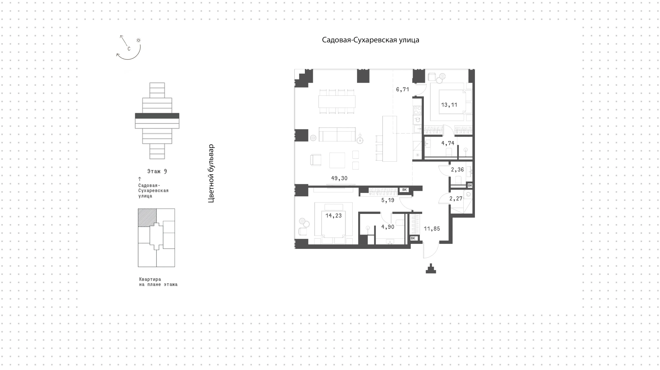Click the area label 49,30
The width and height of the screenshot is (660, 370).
pyautogui.click(x=339, y=178)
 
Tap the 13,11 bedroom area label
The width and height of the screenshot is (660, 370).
pyautogui.click(x=449, y=105)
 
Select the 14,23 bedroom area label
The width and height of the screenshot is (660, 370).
pyautogui.click(x=334, y=216)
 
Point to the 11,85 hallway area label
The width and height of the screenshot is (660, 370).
pyautogui.click(x=432, y=229)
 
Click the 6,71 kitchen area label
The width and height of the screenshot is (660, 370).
pyautogui.click(x=403, y=90)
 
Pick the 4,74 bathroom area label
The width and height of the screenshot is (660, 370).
pyautogui.click(x=448, y=143)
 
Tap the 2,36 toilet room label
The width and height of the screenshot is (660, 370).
pyautogui.click(x=458, y=170)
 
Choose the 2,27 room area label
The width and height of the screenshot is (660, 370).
pyautogui.click(x=456, y=198)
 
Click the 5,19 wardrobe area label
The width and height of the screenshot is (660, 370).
pyautogui.click(x=388, y=200)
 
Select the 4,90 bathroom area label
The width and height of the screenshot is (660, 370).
pyautogui.click(x=388, y=227)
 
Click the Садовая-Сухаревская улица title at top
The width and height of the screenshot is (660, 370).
pyautogui.click(x=371, y=40)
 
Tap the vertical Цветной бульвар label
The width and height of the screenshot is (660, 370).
pyautogui.click(x=211, y=173)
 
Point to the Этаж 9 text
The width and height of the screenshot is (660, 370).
pyautogui.click(x=157, y=171)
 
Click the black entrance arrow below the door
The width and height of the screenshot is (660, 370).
pyautogui.click(x=431, y=268)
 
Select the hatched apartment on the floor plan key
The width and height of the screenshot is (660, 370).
pyautogui.click(x=147, y=218)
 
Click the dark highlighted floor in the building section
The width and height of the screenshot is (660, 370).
pyautogui.click(x=157, y=116)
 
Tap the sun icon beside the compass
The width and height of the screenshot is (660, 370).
pyautogui.click(x=139, y=40)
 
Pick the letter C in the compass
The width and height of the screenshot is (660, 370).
pyautogui.click(x=129, y=49)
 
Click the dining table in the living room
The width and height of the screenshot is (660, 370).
pyautogui.click(x=337, y=101)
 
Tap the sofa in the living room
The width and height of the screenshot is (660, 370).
pyautogui.click(x=337, y=134)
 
